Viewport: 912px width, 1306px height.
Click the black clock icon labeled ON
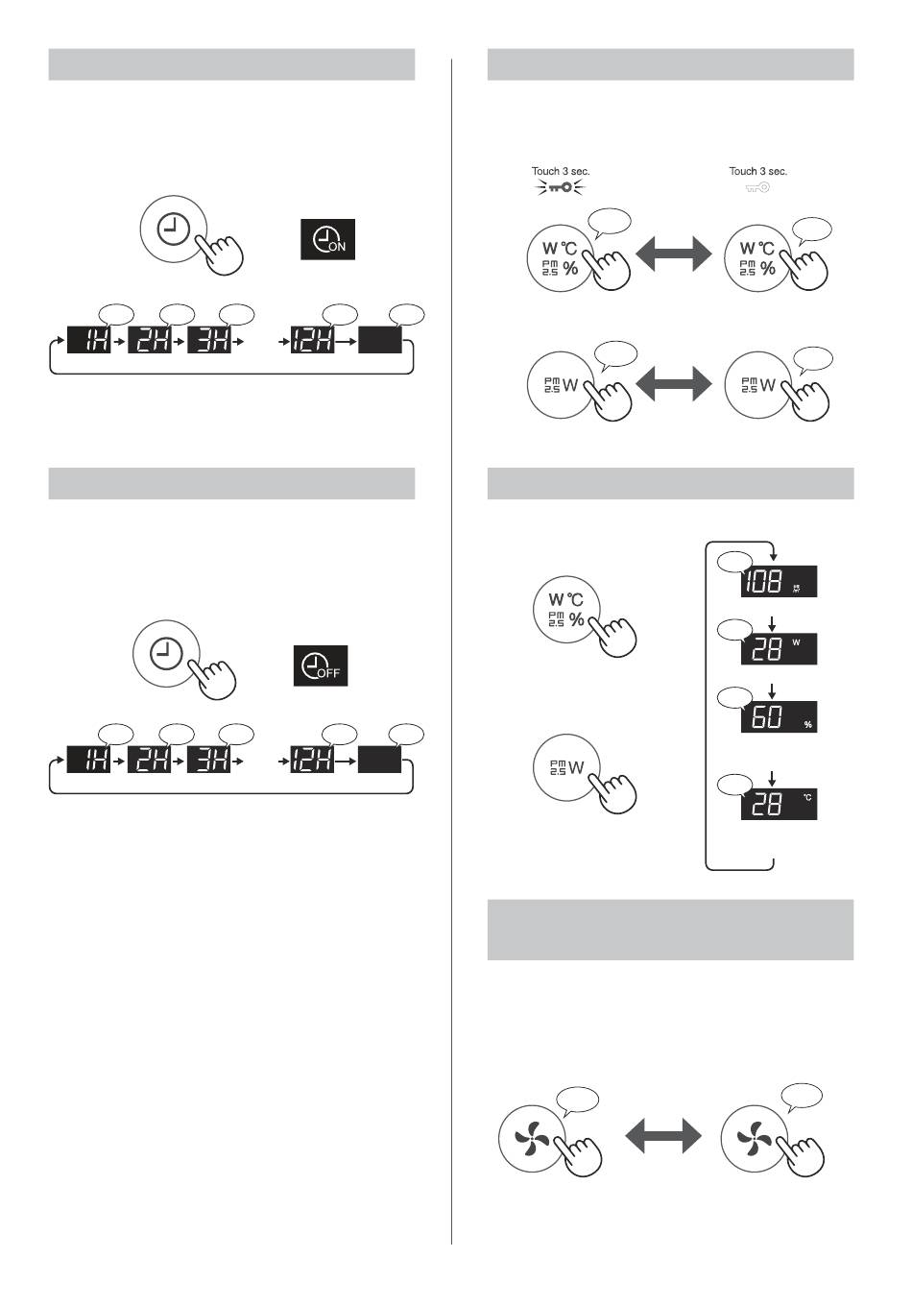pyautogui.click(x=328, y=239)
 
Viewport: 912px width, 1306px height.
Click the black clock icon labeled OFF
pyautogui.click(x=322, y=665)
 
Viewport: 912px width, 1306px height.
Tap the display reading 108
pyautogui.click(x=779, y=580)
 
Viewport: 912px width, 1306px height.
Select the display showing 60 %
pyautogui.click(x=779, y=716)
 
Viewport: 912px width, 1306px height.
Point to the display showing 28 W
pyautogui.click(x=779, y=648)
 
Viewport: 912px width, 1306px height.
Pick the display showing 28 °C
pyautogui.click(x=779, y=803)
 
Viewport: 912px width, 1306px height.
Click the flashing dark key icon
pyautogui.click(x=561, y=188)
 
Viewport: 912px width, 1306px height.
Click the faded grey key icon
pyautogui.click(x=758, y=188)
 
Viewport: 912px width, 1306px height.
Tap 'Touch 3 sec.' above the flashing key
pyautogui.click(x=561, y=171)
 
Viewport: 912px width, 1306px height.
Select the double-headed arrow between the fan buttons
pyautogui.click(x=663, y=1137)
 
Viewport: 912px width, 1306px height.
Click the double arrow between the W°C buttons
pyautogui.click(x=674, y=255)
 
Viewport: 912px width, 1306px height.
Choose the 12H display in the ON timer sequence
pyautogui.click(x=313, y=341)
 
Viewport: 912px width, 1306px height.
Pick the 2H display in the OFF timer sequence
pyautogui.click(x=149, y=764)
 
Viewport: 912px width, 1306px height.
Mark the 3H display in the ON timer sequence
pyautogui.click(x=209, y=341)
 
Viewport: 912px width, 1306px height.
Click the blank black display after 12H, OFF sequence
pyautogui.click(x=379, y=764)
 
